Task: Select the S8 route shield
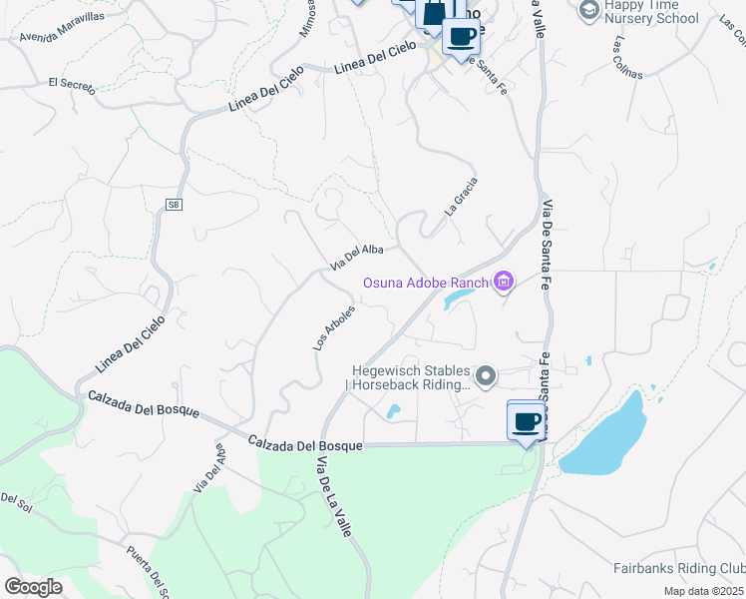click(x=174, y=205)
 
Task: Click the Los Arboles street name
click(x=334, y=326)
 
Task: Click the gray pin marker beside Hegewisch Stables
click(x=486, y=376)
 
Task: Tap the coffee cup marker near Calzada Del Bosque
click(x=526, y=420)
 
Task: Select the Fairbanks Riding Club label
click(x=677, y=567)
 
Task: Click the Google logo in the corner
click(x=33, y=587)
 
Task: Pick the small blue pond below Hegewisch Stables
click(x=393, y=410)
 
